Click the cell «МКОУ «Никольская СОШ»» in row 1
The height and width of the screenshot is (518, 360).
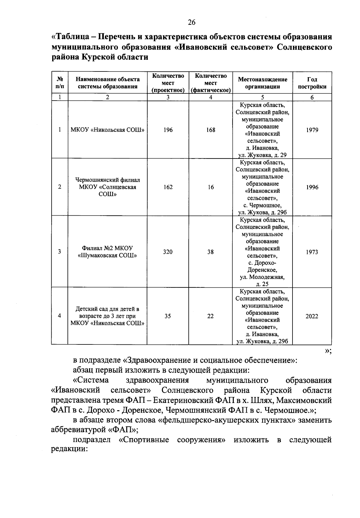tap(107, 130)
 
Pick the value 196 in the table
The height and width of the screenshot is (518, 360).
tap(168, 130)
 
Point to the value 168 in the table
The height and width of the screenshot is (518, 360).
tap(211, 130)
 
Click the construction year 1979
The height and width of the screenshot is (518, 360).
tap(312, 130)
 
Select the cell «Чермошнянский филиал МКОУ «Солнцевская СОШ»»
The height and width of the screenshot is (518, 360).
tap(107, 187)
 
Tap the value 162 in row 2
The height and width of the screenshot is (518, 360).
tap(168, 187)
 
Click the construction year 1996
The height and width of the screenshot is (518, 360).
tap(312, 187)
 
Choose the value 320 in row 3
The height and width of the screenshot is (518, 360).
tap(168, 252)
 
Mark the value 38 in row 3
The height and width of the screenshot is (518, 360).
tap(211, 252)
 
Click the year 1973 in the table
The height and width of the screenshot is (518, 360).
tap(312, 252)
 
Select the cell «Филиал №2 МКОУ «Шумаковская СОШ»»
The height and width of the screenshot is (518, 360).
tap(107, 252)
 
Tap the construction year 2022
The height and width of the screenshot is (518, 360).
tap(312, 316)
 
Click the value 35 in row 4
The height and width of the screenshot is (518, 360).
tap(168, 316)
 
